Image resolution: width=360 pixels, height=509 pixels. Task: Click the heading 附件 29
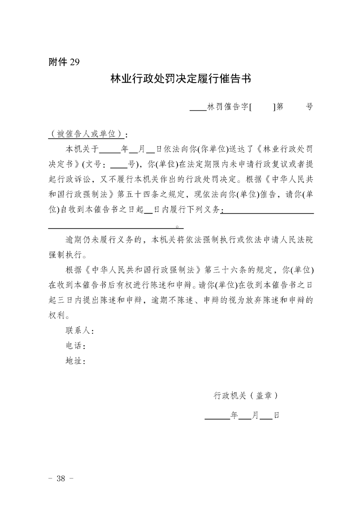[64, 63]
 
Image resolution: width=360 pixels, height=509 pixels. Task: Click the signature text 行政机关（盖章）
[245, 395]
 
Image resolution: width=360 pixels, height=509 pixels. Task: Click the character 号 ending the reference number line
[309, 108]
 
